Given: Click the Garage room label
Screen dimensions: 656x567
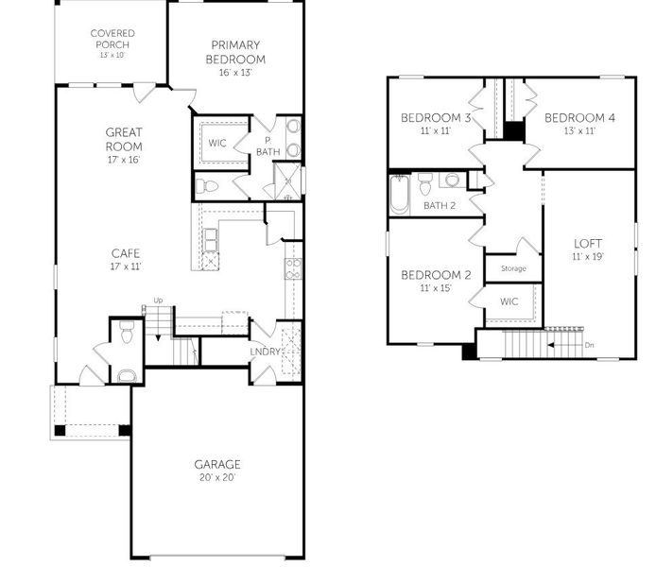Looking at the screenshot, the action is coord(217,464).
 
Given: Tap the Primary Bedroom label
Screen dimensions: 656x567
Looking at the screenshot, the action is coord(235,52).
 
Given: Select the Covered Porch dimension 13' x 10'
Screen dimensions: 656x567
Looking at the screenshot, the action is coord(112,55).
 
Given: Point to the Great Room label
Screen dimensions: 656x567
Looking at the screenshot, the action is coord(124,139).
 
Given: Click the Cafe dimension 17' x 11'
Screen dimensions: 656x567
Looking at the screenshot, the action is coord(126,266).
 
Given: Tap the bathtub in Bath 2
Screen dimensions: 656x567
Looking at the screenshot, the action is coord(400,195).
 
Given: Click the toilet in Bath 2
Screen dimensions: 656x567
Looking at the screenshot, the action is coord(425,184).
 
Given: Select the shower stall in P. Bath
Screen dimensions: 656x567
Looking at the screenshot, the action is coord(287,181).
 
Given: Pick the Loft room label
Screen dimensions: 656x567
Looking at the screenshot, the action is coord(588,244).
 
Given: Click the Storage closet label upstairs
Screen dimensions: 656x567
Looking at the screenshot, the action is coord(513,268).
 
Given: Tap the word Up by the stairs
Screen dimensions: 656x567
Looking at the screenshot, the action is coord(158,301).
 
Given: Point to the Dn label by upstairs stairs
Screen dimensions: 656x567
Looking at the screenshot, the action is coord(589,345).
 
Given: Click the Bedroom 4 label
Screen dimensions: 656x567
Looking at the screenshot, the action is coord(579,118).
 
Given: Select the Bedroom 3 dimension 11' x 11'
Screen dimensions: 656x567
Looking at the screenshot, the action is coord(436,130).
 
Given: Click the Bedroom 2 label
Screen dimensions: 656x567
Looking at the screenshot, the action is coord(436,275).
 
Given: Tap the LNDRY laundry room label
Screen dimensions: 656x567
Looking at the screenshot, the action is coord(265,352).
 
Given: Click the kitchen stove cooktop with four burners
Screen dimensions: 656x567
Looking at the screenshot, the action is coord(293,269).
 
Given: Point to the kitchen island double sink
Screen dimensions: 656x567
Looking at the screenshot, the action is coord(210,240).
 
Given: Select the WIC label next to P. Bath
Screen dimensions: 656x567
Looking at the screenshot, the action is coord(217,143).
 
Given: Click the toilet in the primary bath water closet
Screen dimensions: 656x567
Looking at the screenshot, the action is coord(207,186).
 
